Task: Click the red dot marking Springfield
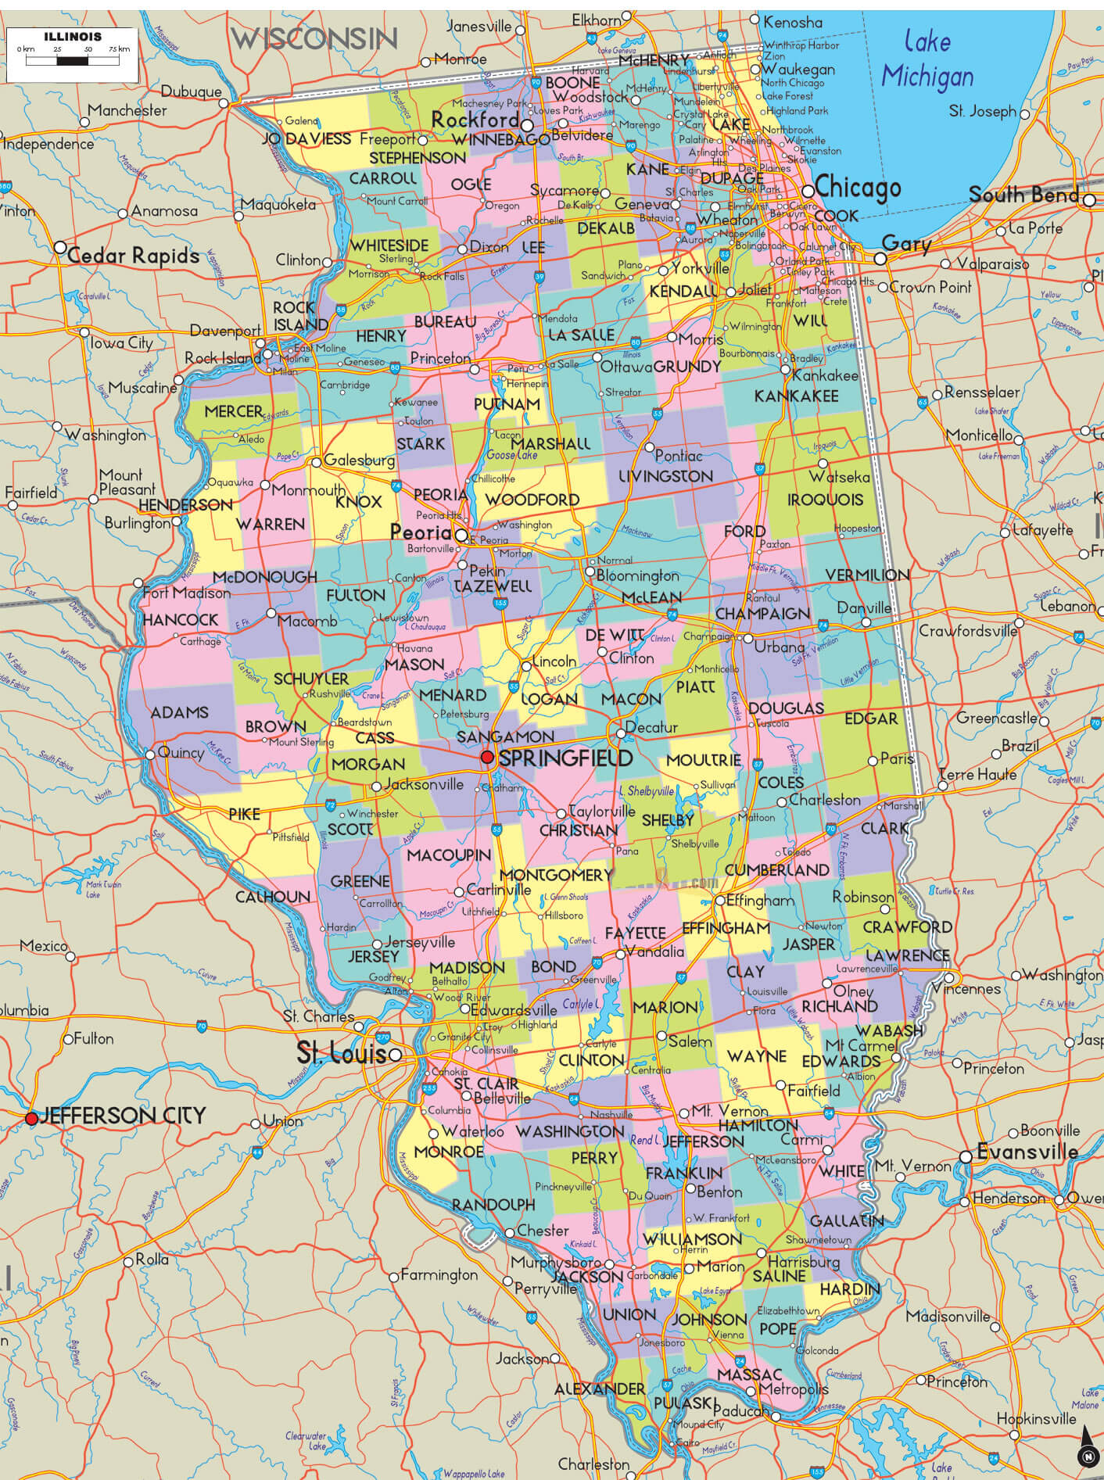coord(487,757)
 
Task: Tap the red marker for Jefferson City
coord(31,1119)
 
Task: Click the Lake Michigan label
coord(927,59)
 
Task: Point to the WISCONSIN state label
coord(314,38)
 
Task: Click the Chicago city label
coord(857,188)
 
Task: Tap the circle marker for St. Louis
coord(396,1055)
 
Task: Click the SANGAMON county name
coord(505,736)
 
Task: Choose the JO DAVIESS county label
coord(306,139)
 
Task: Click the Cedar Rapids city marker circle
coord(60,247)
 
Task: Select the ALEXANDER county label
coord(600,1389)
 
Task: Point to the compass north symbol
coord(1087,1456)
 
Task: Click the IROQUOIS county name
coord(825,500)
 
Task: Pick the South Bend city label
coord(1023,195)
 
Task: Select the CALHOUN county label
coord(273,897)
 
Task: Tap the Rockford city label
coord(475,120)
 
